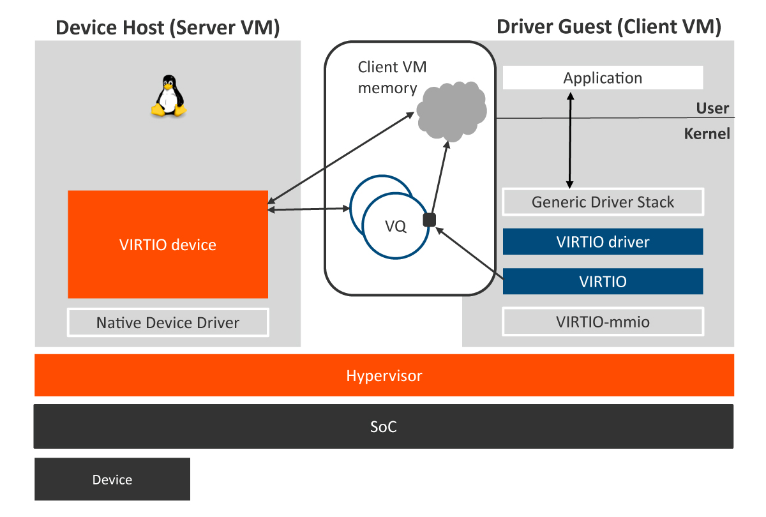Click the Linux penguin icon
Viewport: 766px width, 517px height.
coord(169,96)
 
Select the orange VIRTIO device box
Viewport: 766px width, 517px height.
coord(168,244)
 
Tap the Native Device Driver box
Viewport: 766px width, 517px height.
coord(168,322)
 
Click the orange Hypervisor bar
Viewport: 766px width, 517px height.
coord(384,375)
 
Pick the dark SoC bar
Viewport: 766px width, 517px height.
coord(384,426)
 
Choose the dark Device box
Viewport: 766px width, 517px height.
coord(112,479)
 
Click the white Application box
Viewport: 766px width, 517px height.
coord(603,78)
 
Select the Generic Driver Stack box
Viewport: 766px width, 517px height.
coord(603,202)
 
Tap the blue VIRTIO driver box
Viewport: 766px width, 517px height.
coord(603,242)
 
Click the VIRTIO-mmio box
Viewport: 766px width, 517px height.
coord(603,322)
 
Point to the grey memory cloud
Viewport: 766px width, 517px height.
coord(450,110)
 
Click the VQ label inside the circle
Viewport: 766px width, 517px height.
coord(396,226)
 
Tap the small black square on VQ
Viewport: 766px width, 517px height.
coord(429,220)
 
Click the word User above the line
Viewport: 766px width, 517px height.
coord(712,108)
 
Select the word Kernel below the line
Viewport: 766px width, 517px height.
coord(707,134)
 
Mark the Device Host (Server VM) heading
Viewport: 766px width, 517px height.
coord(168,27)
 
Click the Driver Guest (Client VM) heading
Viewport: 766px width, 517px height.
coord(608,27)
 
